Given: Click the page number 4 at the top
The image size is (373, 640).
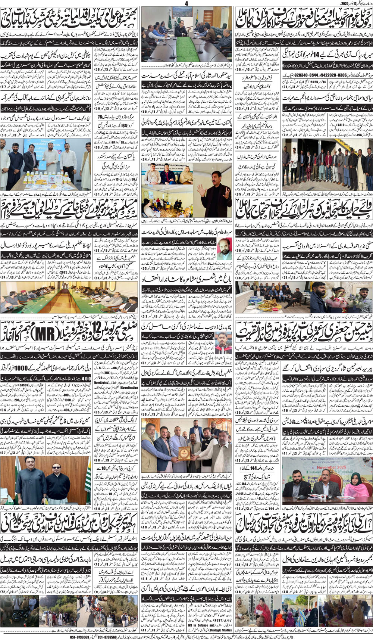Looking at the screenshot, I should coord(186,3).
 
